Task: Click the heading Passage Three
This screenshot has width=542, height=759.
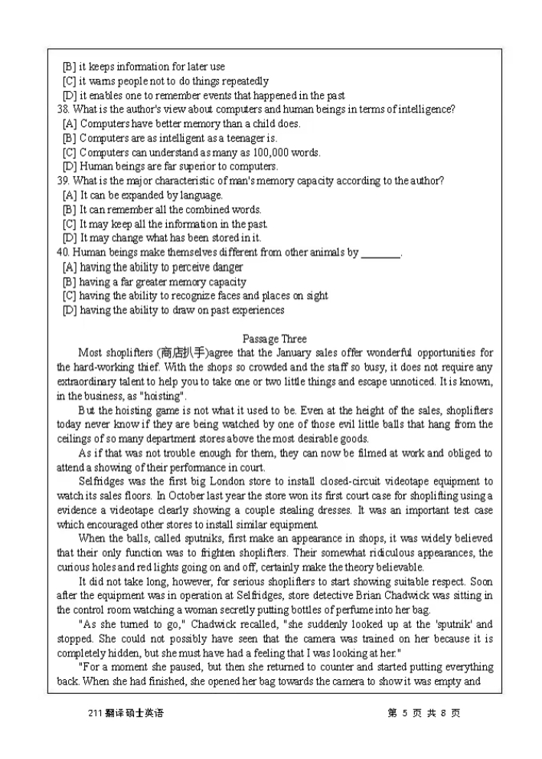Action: pyautogui.click(x=274, y=339)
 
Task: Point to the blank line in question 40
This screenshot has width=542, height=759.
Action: pyautogui.click(x=380, y=253)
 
